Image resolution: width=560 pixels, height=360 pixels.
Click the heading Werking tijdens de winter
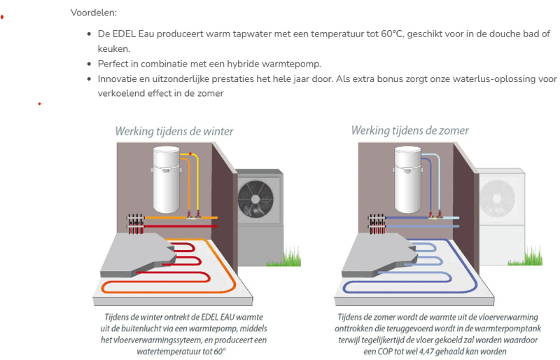pos(174,131)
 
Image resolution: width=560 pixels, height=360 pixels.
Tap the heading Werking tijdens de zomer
pos(409,131)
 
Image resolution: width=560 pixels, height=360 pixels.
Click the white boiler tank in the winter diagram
pos(166,180)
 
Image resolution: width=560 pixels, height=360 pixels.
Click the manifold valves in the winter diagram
pos(136,223)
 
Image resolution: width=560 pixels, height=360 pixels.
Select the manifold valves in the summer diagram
pos(377,223)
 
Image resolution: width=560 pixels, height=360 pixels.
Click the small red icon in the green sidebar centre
pos(40,104)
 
